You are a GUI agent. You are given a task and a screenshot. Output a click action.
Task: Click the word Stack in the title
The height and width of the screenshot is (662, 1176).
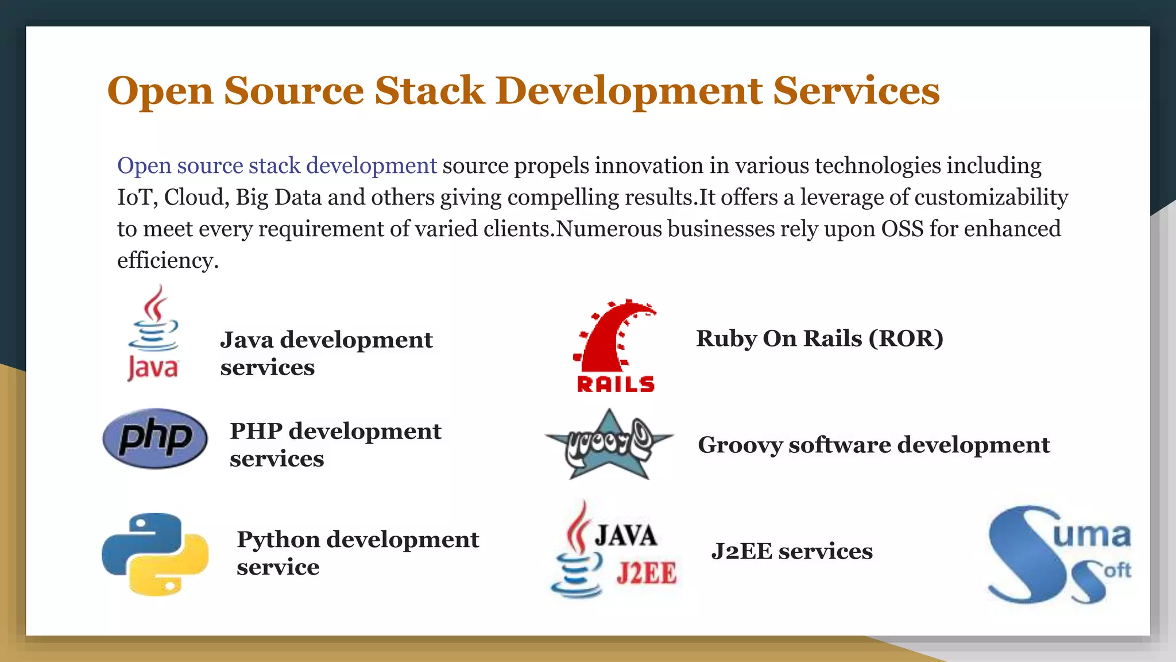430,91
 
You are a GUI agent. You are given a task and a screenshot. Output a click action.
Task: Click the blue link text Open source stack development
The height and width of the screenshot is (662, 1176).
277,165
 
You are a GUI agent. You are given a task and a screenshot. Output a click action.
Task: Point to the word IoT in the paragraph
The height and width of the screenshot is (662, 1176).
135,197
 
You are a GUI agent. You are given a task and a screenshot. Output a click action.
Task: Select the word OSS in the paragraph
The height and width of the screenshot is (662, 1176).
902,229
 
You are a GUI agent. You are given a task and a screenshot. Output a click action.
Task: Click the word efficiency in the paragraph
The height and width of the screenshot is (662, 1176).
168,260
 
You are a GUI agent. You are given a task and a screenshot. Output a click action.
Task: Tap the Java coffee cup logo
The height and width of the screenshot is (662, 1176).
153,333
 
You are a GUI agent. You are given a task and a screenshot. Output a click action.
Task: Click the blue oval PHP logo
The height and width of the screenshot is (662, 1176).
155,438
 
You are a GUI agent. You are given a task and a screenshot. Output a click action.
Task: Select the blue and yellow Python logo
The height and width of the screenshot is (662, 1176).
155,554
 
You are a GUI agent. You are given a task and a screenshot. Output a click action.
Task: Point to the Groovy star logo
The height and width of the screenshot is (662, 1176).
609,444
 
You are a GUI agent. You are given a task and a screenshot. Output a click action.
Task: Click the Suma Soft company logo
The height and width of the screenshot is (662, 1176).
1058,555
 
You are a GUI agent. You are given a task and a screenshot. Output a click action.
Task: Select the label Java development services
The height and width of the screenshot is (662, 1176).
326,353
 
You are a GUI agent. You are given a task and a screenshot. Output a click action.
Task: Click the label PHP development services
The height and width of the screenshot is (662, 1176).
335,444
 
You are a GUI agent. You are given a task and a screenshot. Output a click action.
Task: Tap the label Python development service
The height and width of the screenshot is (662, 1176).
357,553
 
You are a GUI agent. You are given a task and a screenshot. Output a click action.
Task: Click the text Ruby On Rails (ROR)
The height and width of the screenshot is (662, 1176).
819,338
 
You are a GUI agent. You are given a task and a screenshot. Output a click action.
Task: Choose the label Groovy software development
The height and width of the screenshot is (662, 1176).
873,445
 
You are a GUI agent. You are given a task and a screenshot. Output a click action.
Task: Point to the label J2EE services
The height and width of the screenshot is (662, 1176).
792,551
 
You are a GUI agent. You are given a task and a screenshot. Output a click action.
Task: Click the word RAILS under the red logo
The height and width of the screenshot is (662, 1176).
616,384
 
